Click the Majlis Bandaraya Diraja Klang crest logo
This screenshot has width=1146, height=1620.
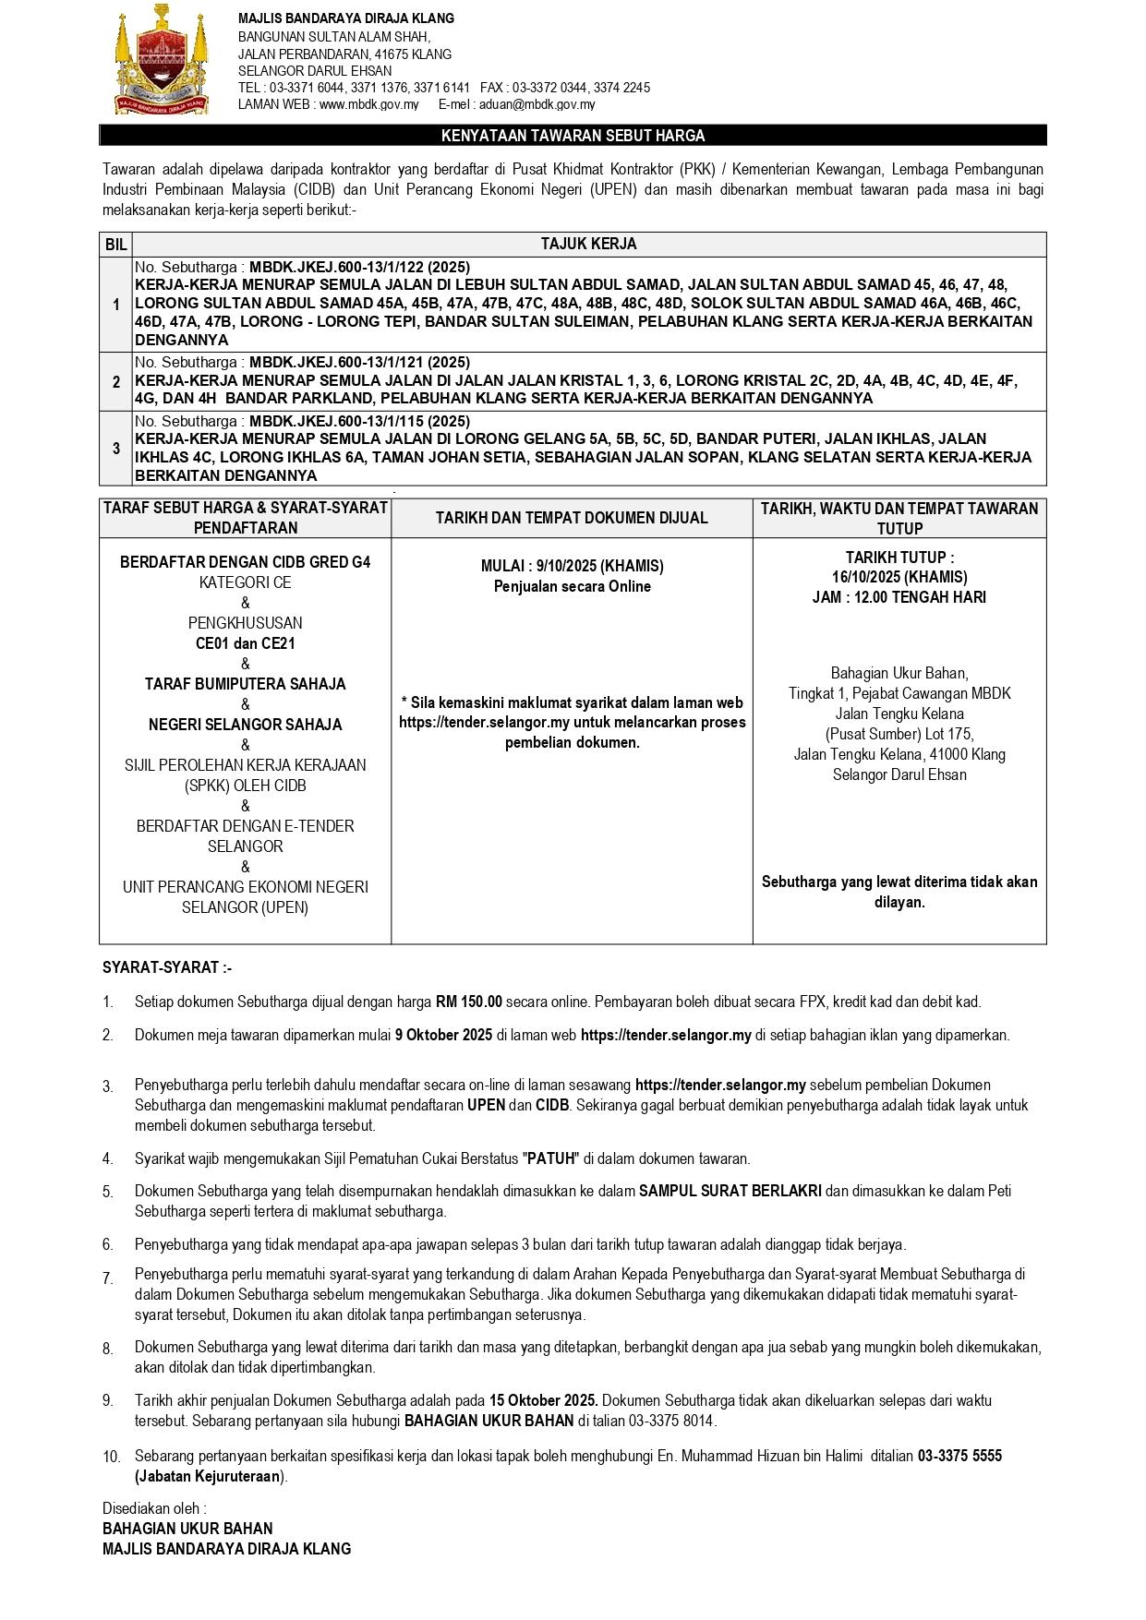[x=161, y=61]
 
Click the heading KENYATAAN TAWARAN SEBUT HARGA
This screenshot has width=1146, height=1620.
[x=573, y=136]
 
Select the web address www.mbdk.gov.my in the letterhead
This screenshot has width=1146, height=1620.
[x=368, y=104]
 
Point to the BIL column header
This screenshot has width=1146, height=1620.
[x=115, y=245]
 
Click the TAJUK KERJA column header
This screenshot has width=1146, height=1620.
[x=588, y=245]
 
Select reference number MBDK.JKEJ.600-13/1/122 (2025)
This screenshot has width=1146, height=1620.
[x=359, y=267]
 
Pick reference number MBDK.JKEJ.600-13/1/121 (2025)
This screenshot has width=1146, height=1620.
[x=359, y=362]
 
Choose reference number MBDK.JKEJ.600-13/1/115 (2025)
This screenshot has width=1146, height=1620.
[x=359, y=421]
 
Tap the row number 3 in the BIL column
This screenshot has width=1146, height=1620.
[x=115, y=449]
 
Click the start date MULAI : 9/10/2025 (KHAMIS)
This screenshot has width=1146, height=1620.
[x=572, y=566]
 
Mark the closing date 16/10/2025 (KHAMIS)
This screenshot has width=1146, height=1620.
[x=899, y=577]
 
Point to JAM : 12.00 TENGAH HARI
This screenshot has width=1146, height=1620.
[x=899, y=597]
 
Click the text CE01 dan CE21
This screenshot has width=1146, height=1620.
[x=245, y=643]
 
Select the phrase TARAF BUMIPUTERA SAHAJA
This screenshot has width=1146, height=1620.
[x=245, y=684]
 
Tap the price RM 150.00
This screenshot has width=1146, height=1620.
[x=468, y=1002]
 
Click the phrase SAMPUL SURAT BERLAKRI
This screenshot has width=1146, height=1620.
[x=730, y=1191]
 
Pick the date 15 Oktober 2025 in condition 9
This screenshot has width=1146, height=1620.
[x=543, y=1400]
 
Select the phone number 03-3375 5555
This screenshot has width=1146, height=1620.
[x=959, y=1456]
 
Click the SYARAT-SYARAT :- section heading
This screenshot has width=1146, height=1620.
[x=167, y=967]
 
